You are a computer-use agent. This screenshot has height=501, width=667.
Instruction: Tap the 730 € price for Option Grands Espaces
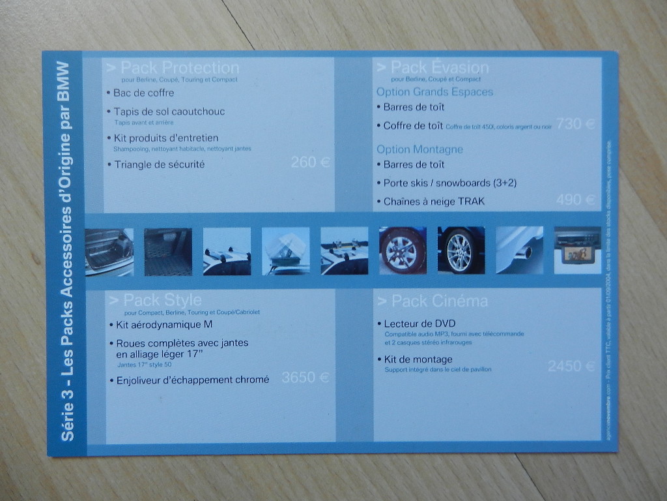(x=576, y=123)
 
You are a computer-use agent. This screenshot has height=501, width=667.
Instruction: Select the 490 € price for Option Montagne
(x=576, y=200)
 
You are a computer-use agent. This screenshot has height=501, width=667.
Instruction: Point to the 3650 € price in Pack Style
(x=305, y=377)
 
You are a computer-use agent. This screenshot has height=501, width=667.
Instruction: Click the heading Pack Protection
(x=173, y=68)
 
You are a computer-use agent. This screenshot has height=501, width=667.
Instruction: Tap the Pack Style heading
(x=156, y=300)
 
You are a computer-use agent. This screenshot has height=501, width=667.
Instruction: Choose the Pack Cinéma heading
(x=432, y=301)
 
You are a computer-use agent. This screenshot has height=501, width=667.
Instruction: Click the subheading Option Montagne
(x=419, y=149)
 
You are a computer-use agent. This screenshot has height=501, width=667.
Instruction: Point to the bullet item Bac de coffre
(x=143, y=93)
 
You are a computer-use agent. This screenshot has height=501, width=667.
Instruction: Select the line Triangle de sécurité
(x=159, y=164)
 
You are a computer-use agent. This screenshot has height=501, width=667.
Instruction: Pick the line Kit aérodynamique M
(x=164, y=324)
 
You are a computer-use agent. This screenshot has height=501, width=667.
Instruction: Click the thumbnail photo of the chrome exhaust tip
(x=519, y=250)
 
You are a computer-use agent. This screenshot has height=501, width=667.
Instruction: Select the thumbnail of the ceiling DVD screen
(x=577, y=250)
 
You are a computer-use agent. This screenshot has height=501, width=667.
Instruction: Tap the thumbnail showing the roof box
(x=285, y=250)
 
